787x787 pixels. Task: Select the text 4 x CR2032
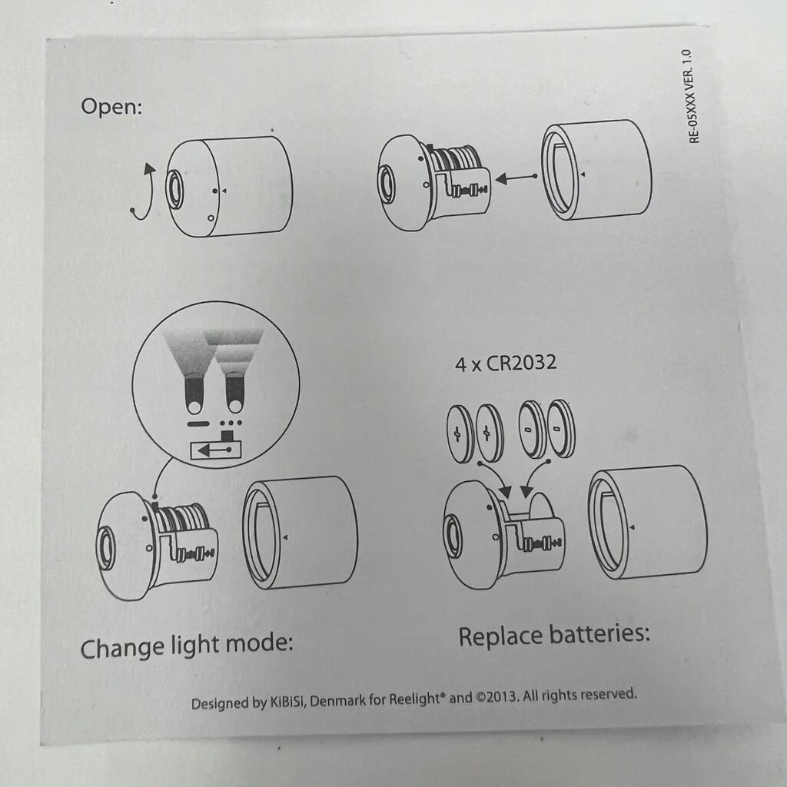click(506, 363)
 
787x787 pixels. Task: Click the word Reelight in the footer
click(415, 699)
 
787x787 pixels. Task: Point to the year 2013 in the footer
click(503, 696)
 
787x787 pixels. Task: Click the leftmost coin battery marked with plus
click(460, 433)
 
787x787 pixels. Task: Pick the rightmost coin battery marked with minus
click(560, 429)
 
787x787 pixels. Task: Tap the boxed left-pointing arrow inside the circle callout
click(216, 450)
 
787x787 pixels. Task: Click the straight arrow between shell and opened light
click(516, 178)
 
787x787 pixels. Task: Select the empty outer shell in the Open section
click(597, 170)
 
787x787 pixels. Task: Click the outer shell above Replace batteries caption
click(647, 522)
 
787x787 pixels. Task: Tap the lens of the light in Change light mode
click(106, 548)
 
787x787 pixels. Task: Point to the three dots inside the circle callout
click(231, 423)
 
